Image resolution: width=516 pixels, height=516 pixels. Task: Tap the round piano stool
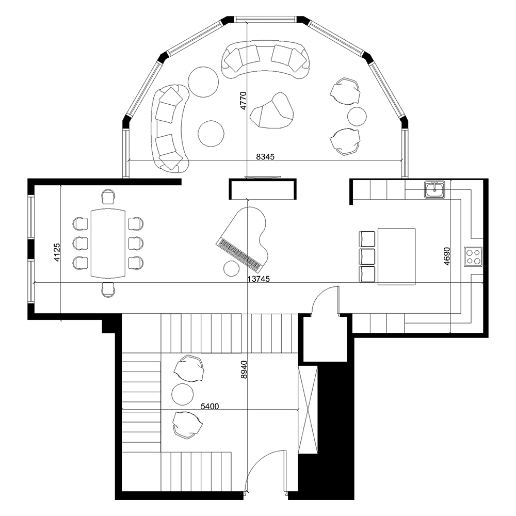(x=231, y=269)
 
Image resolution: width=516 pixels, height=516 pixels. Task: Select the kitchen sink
(x=435, y=190)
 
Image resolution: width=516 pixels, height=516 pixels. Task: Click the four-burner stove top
(x=473, y=256)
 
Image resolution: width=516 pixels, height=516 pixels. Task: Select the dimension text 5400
(x=210, y=406)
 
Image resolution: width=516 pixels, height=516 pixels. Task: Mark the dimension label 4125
(x=57, y=252)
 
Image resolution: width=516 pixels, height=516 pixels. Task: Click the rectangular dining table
(x=108, y=243)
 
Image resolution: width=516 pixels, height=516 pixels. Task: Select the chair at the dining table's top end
(x=108, y=197)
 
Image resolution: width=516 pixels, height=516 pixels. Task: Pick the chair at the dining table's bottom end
(x=108, y=289)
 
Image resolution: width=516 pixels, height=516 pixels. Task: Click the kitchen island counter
(x=396, y=256)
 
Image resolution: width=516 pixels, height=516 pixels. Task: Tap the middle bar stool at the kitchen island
(x=367, y=256)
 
